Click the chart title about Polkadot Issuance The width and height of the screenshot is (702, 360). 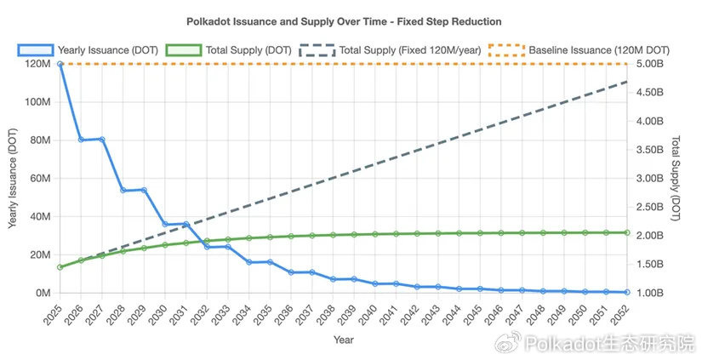coord(344,21)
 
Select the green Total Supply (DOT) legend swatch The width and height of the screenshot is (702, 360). coord(184,50)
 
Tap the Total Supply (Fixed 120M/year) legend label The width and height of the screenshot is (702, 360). coord(410,50)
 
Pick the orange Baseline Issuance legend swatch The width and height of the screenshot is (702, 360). coord(506,50)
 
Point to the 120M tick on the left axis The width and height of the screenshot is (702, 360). coord(37,64)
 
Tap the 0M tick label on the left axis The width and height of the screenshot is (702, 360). coord(43,293)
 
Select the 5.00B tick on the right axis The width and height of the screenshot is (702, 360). coord(649,64)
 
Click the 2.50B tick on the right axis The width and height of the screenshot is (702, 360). coord(649,207)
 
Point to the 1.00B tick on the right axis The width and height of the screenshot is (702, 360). coord(649,293)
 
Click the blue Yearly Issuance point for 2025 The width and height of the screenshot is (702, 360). coord(60,64)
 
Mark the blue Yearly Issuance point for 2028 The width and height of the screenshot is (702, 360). coord(123,191)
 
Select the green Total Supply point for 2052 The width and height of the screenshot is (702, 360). coord(627,233)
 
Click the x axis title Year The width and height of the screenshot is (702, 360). coord(344,340)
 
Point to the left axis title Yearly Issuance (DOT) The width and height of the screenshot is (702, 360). coord(13,178)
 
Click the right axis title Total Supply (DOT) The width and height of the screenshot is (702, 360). coord(676,178)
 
